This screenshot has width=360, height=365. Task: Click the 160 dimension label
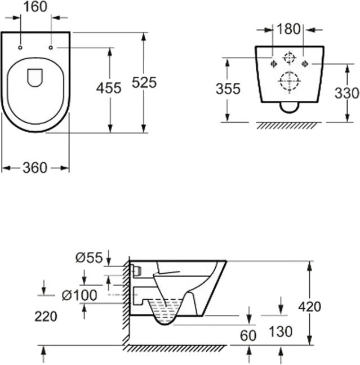click(x=35, y=7)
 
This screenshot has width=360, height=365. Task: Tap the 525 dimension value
click(x=144, y=82)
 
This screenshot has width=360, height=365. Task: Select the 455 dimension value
click(x=109, y=88)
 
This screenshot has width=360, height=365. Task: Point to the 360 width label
click(x=35, y=168)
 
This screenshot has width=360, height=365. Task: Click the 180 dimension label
click(x=288, y=29)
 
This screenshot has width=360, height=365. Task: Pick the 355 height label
click(x=228, y=89)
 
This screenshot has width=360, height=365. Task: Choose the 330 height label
click(x=346, y=93)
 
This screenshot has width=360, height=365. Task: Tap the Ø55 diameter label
click(x=89, y=257)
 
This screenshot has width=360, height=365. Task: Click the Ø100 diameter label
click(x=79, y=295)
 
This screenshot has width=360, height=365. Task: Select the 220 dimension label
click(x=46, y=317)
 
